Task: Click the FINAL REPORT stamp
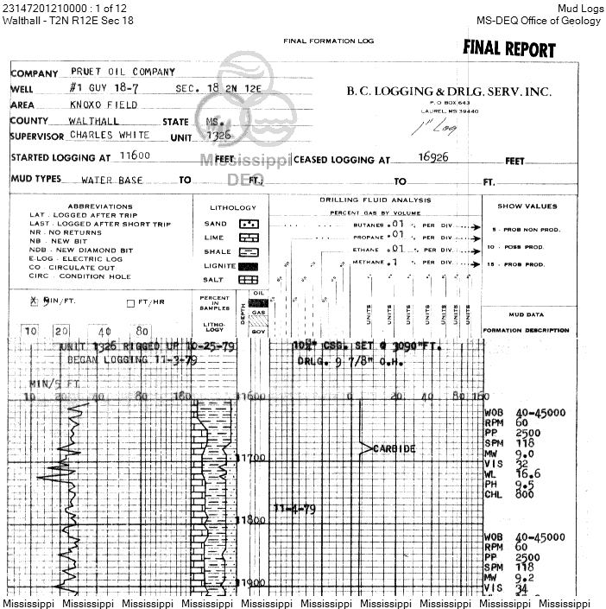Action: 508,48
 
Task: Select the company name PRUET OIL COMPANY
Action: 123,73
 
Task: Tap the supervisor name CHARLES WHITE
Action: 110,136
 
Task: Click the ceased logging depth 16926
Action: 436,159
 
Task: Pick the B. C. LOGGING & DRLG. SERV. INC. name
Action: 448,92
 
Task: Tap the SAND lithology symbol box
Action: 250,224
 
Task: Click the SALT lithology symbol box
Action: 250,280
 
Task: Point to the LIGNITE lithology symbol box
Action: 250,266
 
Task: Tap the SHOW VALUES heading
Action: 527,206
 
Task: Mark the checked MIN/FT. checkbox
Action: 35,301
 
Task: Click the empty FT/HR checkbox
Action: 130,302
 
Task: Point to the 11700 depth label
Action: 252,457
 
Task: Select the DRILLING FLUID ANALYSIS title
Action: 375,200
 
